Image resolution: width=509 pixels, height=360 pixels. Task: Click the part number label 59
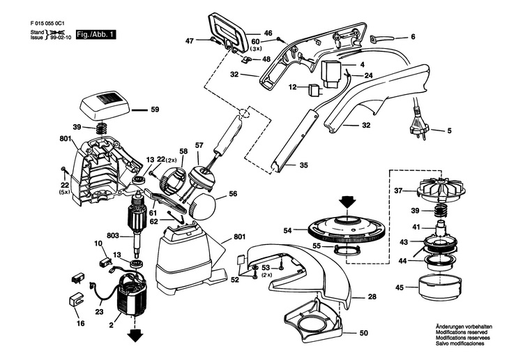(155, 109)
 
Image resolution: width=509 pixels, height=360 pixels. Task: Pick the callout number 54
(287, 230)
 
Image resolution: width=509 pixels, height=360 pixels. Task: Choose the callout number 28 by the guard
(372, 297)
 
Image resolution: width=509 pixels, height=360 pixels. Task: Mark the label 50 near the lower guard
(363, 333)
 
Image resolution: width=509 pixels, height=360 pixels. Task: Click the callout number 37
(398, 190)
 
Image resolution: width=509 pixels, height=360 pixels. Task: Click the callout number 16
(80, 324)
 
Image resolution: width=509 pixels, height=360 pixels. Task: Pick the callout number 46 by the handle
(248, 33)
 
